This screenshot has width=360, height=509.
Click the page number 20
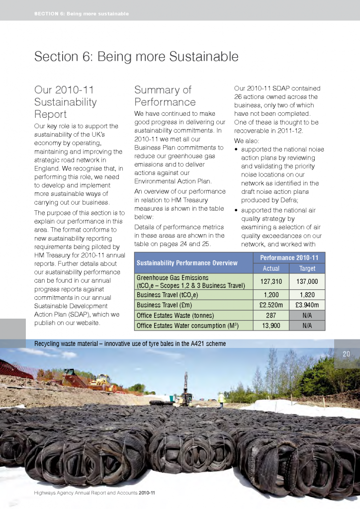[x=347, y=354]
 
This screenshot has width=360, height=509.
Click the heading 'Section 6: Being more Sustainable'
[x=136, y=57]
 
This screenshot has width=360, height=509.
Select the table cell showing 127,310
[x=271, y=281]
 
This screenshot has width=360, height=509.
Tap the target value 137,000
[x=306, y=281]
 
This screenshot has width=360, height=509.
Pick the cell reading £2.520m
[x=271, y=305]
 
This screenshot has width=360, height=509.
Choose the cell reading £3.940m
[x=306, y=305]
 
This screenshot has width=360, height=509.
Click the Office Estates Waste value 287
[x=271, y=315]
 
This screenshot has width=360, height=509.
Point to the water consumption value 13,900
[x=271, y=326]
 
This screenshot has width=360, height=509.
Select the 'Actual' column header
[x=271, y=268]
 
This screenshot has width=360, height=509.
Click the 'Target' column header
[x=306, y=268]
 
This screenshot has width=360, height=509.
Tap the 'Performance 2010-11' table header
[x=288, y=257]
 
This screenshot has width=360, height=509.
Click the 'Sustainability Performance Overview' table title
[x=187, y=262]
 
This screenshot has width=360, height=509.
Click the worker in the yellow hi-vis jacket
[x=221, y=398]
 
